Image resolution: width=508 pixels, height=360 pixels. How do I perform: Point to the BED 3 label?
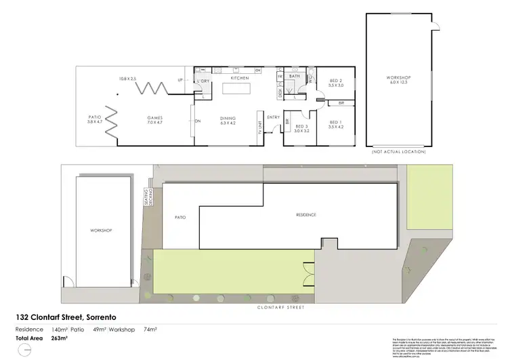[x=301, y=127]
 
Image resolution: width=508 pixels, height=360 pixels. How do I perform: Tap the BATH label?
[x=295, y=77]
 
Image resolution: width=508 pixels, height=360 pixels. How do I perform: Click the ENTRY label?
[x=274, y=117]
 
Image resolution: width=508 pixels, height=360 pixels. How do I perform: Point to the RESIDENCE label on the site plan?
[x=306, y=215]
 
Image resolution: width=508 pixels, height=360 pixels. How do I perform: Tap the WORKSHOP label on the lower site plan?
[x=100, y=231]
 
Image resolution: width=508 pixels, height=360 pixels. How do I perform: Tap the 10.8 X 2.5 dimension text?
[x=127, y=79]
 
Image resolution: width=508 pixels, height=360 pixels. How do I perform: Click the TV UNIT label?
[x=260, y=127]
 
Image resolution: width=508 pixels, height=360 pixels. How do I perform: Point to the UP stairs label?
[x=179, y=79]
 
